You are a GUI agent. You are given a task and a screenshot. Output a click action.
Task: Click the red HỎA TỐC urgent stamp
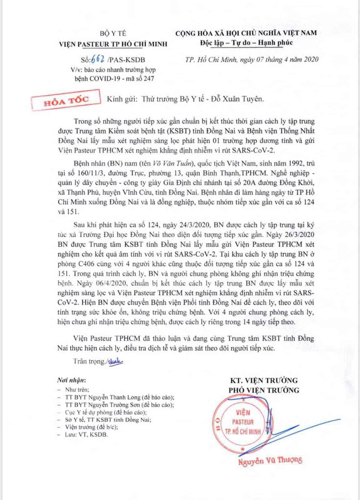[x=66, y=100]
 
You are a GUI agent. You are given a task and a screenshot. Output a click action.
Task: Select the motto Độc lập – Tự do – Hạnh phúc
[x=246, y=42]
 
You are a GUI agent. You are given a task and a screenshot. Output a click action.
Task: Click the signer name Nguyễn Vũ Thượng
[x=270, y=460]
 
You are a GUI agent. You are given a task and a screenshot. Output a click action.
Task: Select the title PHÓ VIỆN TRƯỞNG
[x=263, y=390]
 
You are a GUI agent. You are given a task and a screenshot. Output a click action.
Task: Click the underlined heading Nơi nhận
[x=71, y=381]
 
